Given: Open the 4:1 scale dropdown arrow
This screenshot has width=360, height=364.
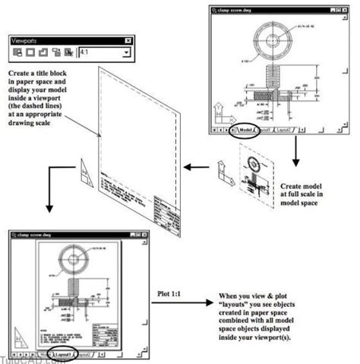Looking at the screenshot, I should coord(126,53).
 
